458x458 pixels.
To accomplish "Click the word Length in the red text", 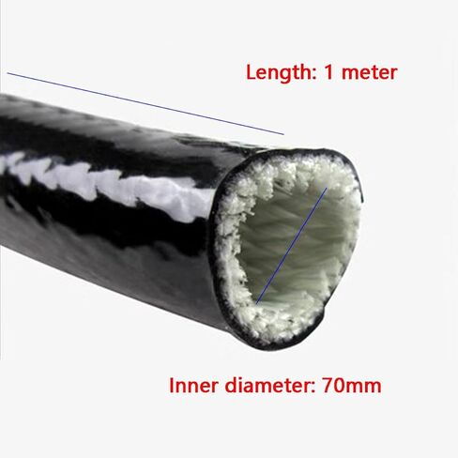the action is click(x=278, y=73).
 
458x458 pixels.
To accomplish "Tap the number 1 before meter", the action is click(x=328, y=72).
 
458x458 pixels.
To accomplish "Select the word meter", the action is click(x=370, y=72).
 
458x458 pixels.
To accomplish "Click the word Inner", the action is click(x=193, y=386).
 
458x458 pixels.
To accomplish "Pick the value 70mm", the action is click(x=352, y=386).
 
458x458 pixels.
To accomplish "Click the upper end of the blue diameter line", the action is click(x=327, y=188).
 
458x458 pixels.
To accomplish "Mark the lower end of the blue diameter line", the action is click(x=256, y=303).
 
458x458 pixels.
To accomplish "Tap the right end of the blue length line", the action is click(x=283, y=134).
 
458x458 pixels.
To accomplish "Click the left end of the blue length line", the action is click(x=8, y=73).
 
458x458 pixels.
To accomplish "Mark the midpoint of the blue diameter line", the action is click(x=291, y=246).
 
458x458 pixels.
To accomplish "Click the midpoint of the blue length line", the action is click(x=145, y=104).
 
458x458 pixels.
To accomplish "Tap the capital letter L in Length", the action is click(x=252, y=72).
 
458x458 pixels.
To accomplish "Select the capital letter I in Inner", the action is click(x=172, y=386).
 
